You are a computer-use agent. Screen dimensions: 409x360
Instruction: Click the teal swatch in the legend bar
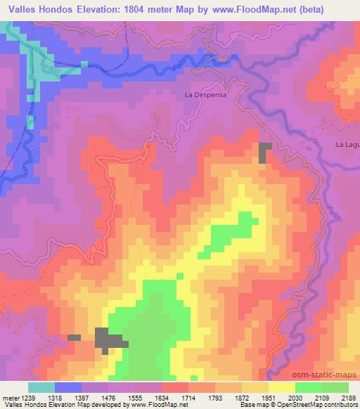tap(41, 387)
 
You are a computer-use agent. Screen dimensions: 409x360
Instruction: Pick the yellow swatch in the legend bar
tap(281, 387)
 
